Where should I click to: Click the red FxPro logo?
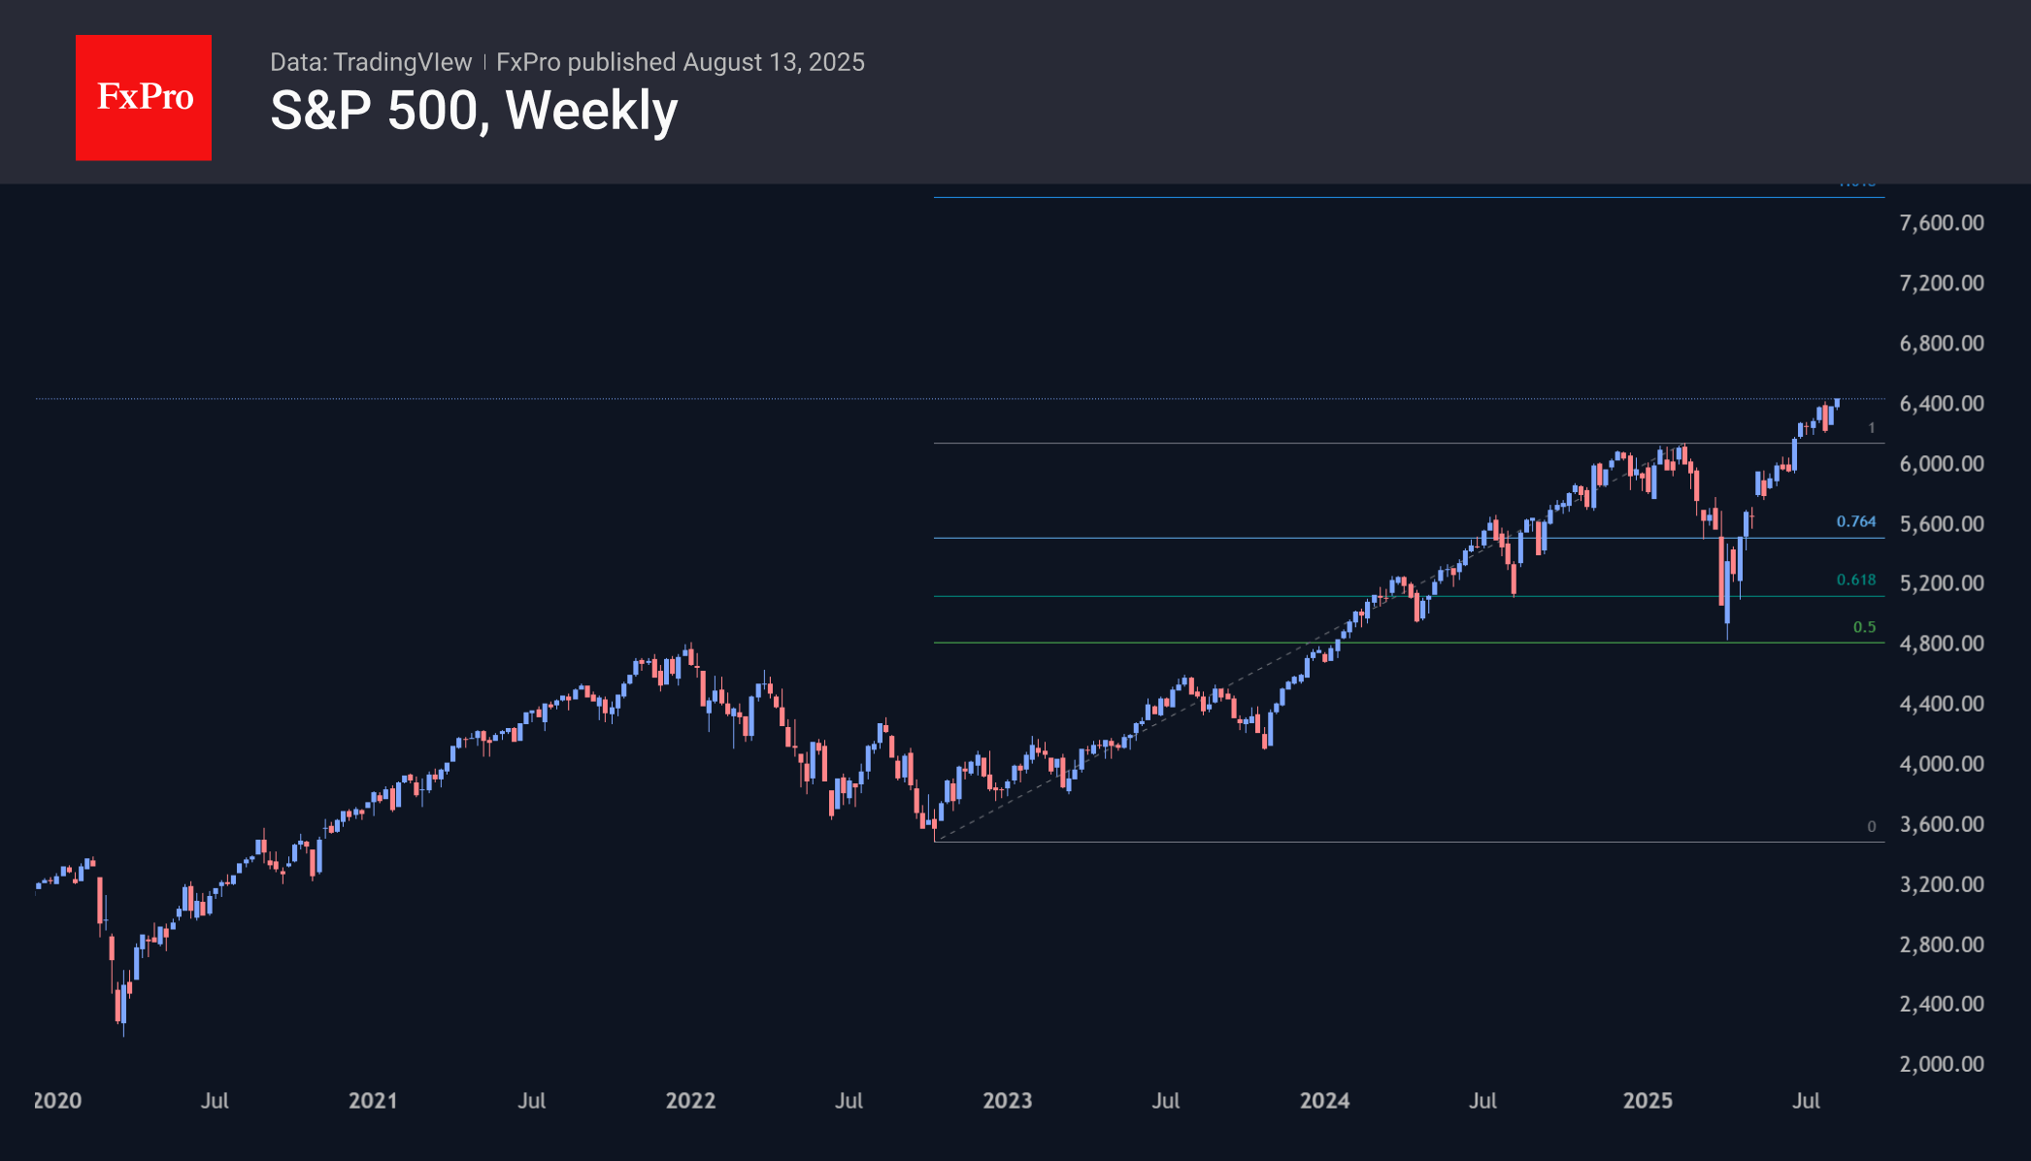pyautogui.click(x=144, y=97)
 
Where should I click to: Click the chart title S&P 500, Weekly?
pyautogui.click(x=474, y=111)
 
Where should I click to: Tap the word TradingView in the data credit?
pyautogui.click(x=402, y=62)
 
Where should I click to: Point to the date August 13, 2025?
pyautogui.click(x=774, y=62)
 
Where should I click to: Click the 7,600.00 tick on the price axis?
pyautogui.click(x=1941, y=223)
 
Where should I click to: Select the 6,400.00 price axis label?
pyautogui.click(x=1941, y=404)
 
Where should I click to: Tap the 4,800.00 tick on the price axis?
pyautogui.click(x=1941, y=644)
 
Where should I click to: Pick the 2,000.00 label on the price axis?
pyautogui.click(x=1941, y=1064)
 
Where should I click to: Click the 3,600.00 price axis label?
pyautogui.click(x=1941, y=824)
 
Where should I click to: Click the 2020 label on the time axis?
pyautogui.click(x=57, y=1101)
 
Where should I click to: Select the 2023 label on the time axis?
pyautogui.click(x=1007, y=1101)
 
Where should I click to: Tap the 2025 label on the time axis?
pyautogui.click(x=1648, y=1101)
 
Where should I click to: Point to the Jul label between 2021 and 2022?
pyautogui.click(x=531, y=1101)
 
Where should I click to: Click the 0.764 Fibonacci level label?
pyautogui.click(x=1855, y=522)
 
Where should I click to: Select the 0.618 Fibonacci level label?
pyautogui.click(x=1855, y=580)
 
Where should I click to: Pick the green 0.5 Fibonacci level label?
pyautogui.click(x=1864, y=628)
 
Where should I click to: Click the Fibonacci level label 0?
pyautogui.click(x=1871, y=827)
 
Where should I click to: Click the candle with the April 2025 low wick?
pyautogui.click(x=1727, y=602)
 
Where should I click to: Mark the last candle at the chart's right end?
pyautogui.click(x=1837, y=403)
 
